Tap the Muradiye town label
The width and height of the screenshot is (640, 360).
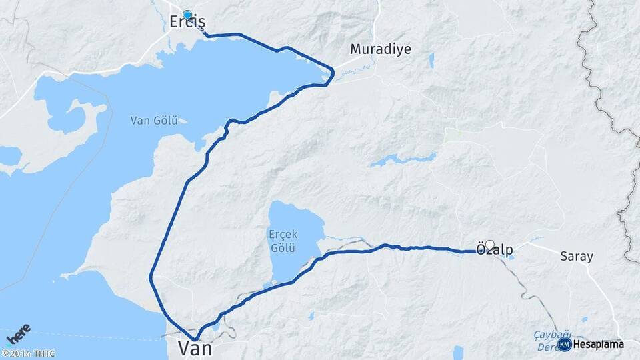coord(381,49)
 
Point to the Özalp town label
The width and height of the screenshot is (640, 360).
coord(495,250)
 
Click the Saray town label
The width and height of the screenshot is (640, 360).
coord(576,256)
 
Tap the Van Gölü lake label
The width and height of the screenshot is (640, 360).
coord(154,121)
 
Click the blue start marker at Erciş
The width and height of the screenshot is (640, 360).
coord(187,15)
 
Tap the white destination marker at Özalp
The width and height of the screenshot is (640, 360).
coord(490,245)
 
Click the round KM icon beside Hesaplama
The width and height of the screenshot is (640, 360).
coord(564,344)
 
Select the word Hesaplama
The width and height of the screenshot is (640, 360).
coord(598,344)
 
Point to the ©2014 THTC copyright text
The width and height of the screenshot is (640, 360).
coord(28,353)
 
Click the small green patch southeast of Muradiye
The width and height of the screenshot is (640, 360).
coord(453,135)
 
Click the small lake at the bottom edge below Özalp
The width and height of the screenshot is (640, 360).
coord(458,352)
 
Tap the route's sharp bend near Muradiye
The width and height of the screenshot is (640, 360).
coord(331,73)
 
